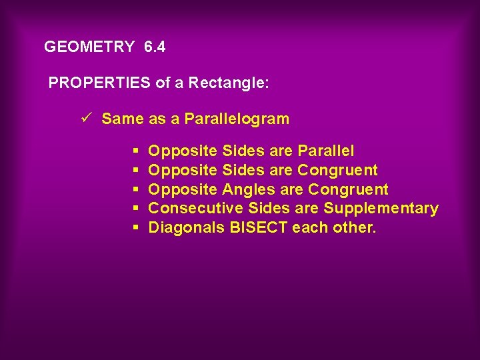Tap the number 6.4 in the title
click(x=155, y=47)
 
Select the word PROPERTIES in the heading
click(x=100, y=83)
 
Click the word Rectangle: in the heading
click(x=229, y=83)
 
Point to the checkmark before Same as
click(x=85, y=119)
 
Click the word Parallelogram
click(x=237, y=119)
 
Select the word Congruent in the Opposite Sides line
click(x=337, y=171)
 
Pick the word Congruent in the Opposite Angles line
click(x=348, y=190)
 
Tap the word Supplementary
click(x=381, y=209)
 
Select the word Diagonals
click(x=186, y=228)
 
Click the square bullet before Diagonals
click(x=135, y=228)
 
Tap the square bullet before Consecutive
click(x=135, y=209)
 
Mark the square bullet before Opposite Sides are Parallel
click(x=135, y=151)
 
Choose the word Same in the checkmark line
click(x=123, y=119)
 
